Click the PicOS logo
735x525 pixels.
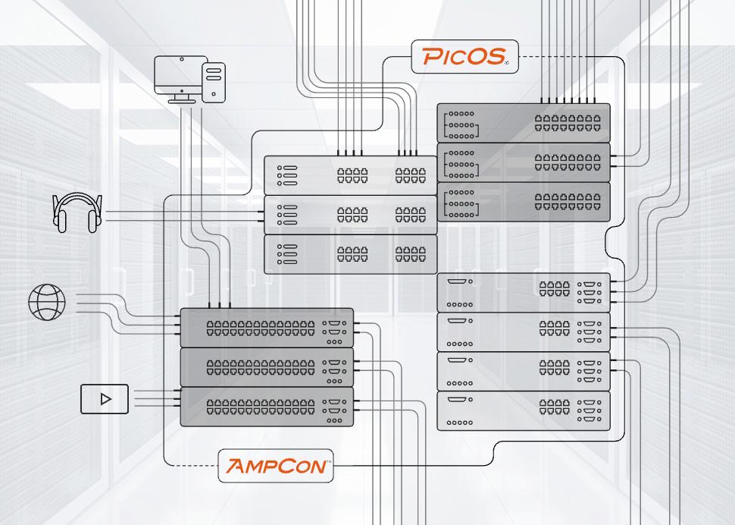click(x=464, y=56)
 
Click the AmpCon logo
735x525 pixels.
click(x=277, y=466)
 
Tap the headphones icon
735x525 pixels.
click(x=77, y=213)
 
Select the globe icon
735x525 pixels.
click(x=47, y=303)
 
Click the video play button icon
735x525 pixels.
click(x=105, y=399)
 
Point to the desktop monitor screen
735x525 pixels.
click(x=181, y=75)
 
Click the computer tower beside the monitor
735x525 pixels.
click(x=214, y=82)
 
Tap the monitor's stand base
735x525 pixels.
click(x=182, y=101)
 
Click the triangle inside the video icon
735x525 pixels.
click(x=106, y=399)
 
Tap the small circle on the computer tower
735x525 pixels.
click(x=214, y=94)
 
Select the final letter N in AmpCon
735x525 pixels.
click(x=317, y=467)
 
